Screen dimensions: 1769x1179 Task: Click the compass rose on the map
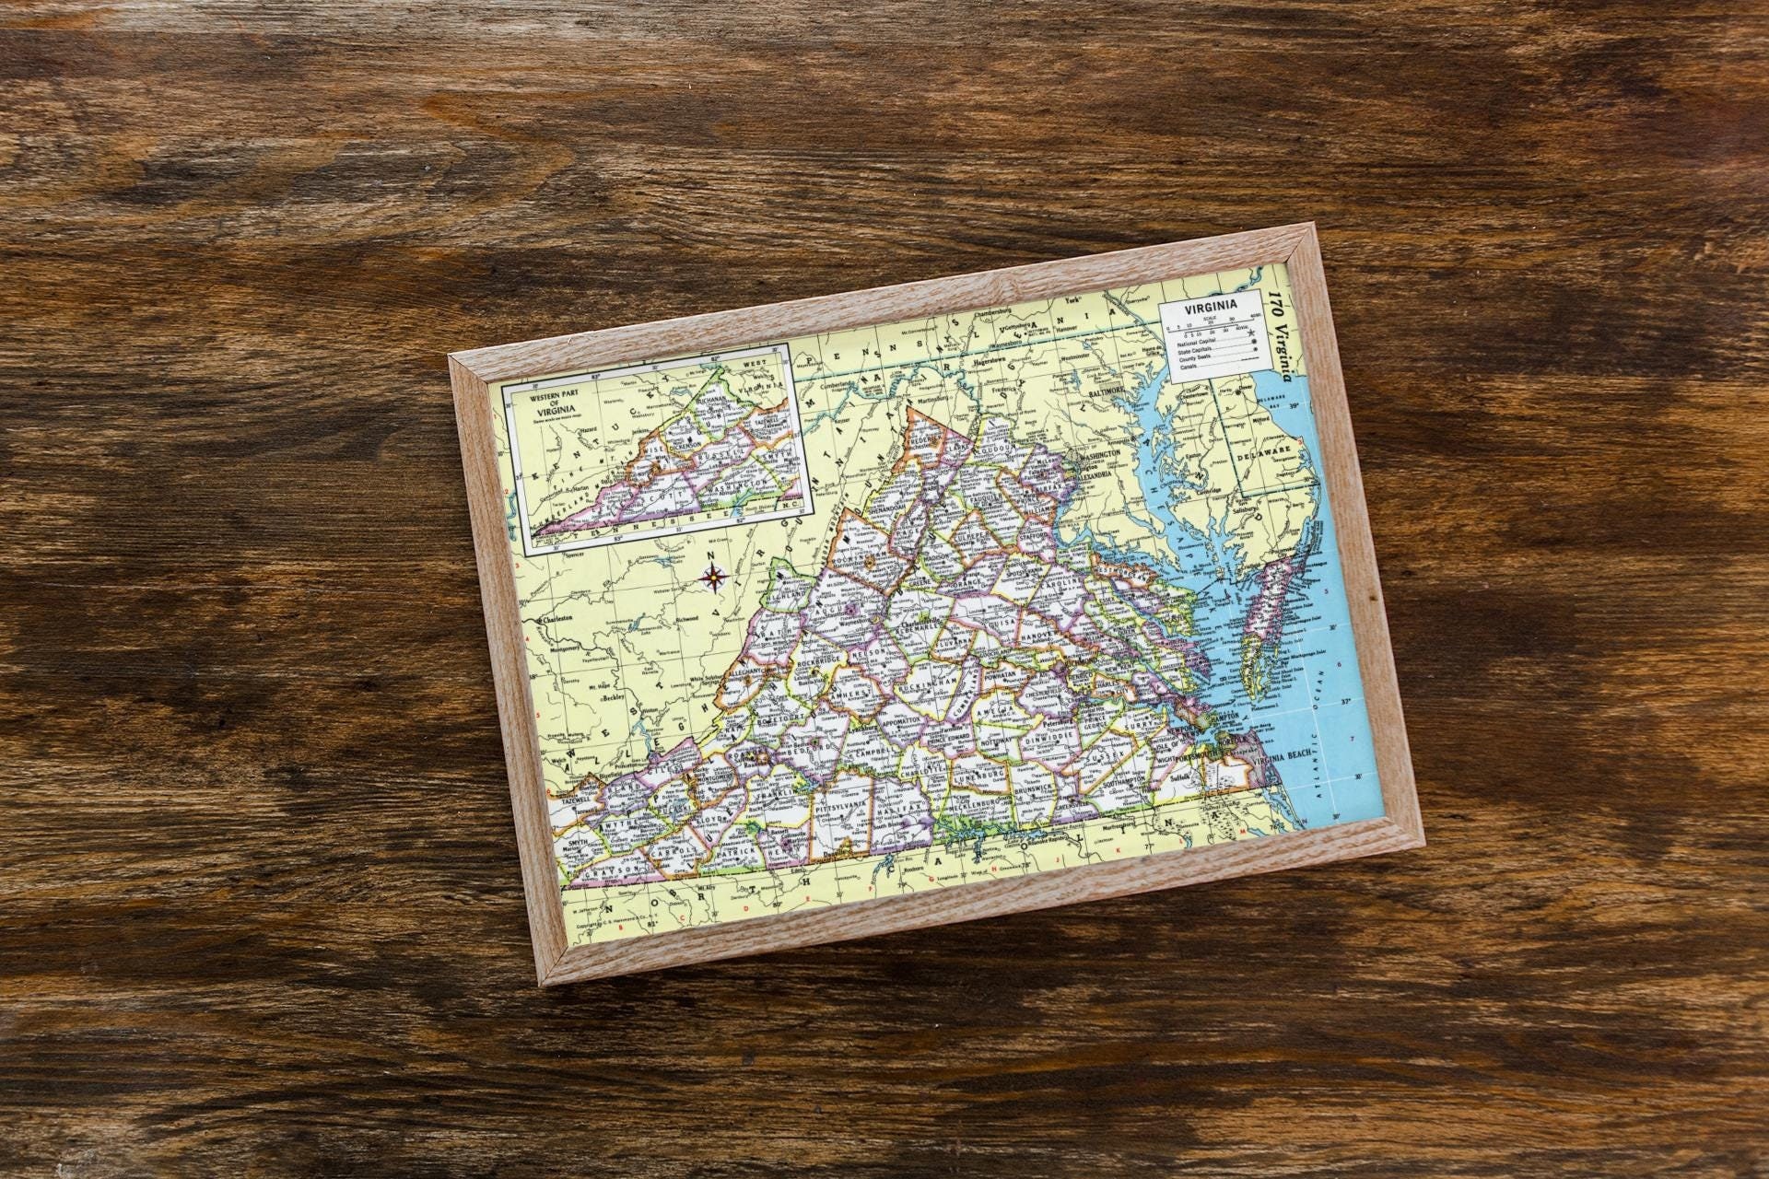(714, 578)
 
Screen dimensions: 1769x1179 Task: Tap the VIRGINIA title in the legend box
(1212, 307)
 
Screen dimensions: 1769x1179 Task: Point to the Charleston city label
(555, 619)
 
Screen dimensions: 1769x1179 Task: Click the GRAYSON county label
(614, 870)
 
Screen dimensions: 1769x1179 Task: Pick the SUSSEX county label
(1099, 758)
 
